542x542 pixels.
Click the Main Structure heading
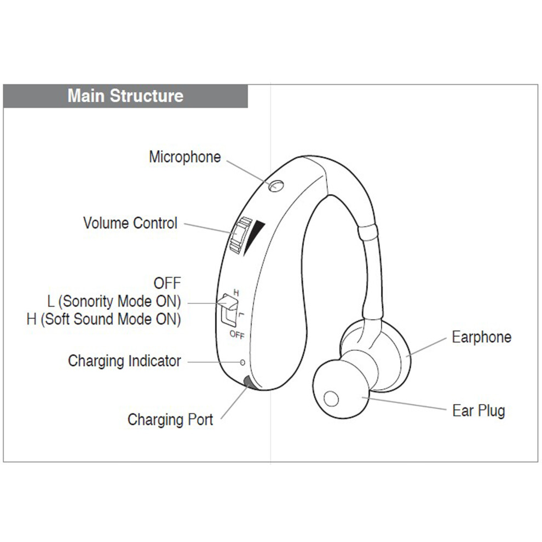125,96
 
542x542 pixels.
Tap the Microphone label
184,157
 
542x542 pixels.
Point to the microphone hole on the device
276,186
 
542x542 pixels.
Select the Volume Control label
130,223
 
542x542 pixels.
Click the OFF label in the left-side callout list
168,284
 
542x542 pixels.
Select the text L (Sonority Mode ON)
114,302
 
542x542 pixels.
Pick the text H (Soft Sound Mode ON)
103,319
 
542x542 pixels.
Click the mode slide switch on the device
228,309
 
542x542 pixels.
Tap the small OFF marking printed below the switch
237,335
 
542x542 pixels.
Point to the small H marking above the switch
236,293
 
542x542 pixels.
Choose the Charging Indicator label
124,361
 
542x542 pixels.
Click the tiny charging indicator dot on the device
243,362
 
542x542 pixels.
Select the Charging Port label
170,419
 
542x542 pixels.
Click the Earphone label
482,337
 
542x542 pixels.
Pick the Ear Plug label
478,411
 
